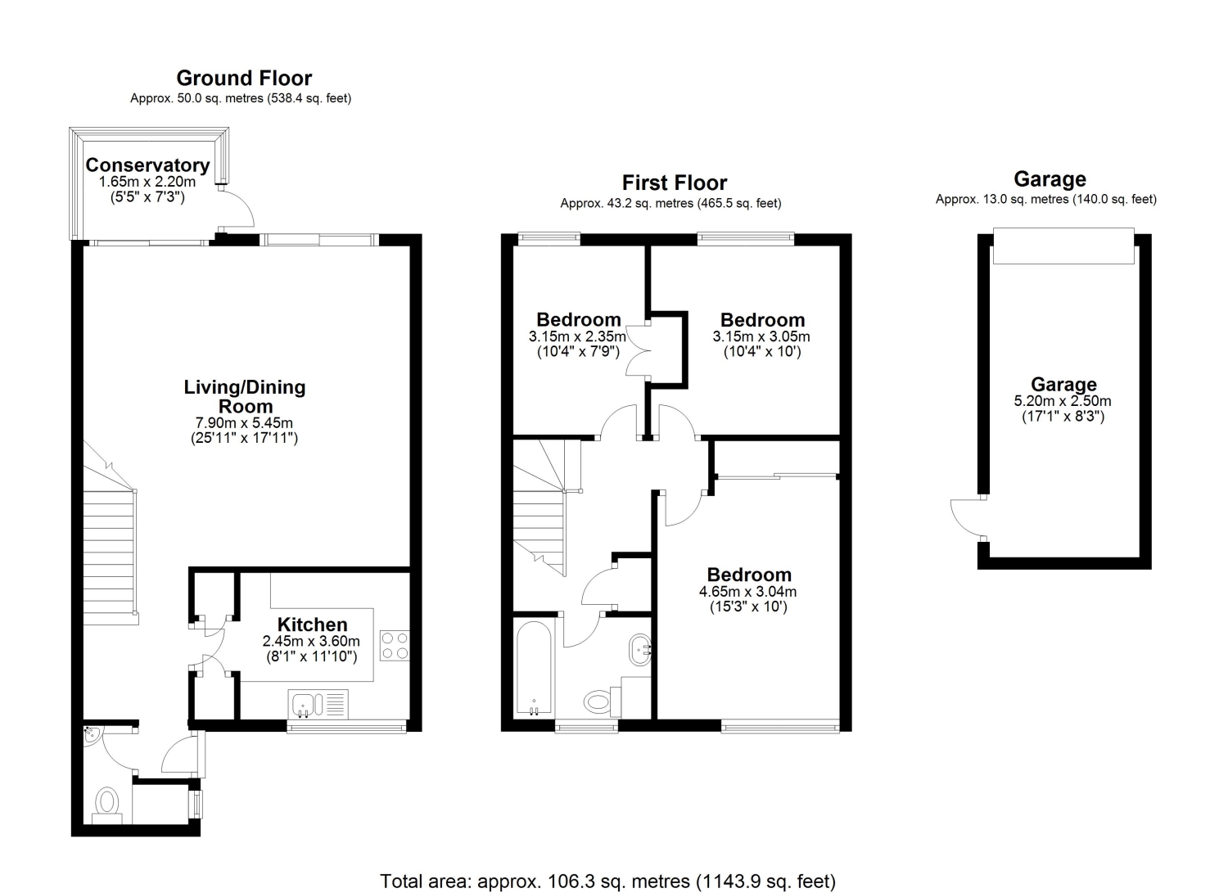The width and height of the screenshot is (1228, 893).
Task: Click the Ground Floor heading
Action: [x=244, y=79]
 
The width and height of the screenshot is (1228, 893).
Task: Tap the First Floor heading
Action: [x=675, y=183]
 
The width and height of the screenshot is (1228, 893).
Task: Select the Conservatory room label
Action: [x=147, y=165]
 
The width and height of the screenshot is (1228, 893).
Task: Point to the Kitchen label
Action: [x=312, y=625]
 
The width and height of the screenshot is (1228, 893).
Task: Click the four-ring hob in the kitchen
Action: [x=395, y=646]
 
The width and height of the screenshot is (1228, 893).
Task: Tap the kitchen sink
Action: [x=318, y=704]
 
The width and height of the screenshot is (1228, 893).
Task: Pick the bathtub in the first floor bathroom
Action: [x=534, y=668]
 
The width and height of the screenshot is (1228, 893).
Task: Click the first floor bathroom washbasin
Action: [x=639, y=650]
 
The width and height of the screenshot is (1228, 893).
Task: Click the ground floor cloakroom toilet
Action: [x=107, y=805]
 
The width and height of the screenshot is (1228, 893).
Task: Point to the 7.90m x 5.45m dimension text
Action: [x=244, y=423]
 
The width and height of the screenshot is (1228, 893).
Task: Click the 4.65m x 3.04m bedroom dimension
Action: [x=747, y=592]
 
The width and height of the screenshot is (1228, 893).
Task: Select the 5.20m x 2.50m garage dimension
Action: [x=1063, y=401]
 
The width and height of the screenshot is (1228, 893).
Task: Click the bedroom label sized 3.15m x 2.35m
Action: [x=578, y=319]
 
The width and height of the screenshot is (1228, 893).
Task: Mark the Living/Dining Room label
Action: [x=245, y=396]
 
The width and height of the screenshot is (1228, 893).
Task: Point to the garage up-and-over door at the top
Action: [x=1063, y=246]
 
